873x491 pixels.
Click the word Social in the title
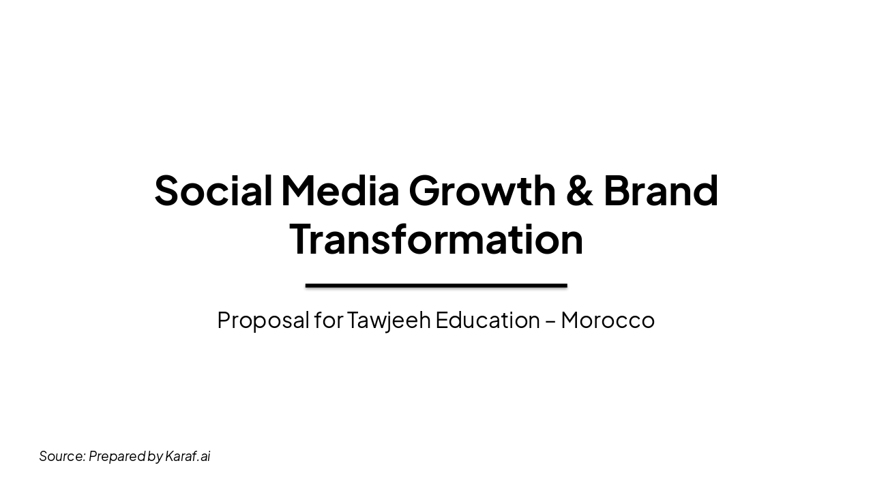(213, 190)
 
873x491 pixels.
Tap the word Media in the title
(340, 190)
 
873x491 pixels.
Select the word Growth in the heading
(482, 192)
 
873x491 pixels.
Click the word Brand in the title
(660, 190)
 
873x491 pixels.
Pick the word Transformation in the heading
(436, 239)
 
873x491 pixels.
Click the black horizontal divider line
(436, 286)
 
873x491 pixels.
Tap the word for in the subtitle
(328, 320)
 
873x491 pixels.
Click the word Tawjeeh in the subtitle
(389, 321)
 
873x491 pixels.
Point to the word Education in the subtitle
(488, 320)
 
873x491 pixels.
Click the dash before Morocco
(550, 321)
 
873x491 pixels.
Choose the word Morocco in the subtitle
(608, 320)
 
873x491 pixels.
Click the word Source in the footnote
(61, 456)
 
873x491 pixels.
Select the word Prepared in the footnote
(117, 456)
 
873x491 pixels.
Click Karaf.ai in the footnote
(188, 456)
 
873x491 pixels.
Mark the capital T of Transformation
(302, 239)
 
